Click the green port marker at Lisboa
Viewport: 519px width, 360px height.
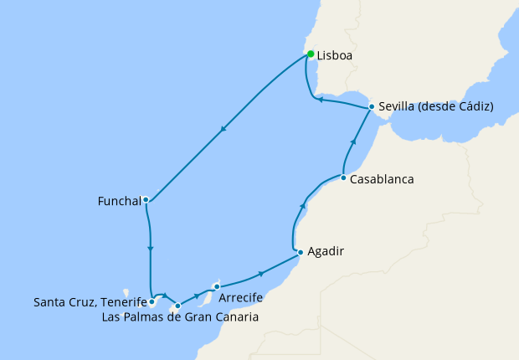[311, 54]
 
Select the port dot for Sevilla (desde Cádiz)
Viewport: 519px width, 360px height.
[371, 106]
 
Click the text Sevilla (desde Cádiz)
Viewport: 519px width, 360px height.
[435, 107]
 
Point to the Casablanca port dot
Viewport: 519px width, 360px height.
[343, 177]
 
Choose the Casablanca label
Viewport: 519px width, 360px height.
[382, 179]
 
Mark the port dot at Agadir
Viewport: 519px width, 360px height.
[301, 251]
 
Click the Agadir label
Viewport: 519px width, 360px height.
[326, 251]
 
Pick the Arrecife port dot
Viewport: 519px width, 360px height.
[217, 286]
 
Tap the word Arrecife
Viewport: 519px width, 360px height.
[243, 298]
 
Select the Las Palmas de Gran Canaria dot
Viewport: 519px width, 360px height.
[177, 306]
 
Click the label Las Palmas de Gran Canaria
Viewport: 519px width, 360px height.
[179, 317]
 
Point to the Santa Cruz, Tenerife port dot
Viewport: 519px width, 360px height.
[152, 301]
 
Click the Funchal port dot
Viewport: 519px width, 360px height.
[146, 199]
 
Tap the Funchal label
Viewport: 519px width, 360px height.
[120, 201]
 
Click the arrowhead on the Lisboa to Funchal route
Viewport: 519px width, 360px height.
[223, 130]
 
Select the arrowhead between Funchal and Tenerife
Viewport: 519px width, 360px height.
[150, 249]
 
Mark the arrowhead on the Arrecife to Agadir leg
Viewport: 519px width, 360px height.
[261, 274]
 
